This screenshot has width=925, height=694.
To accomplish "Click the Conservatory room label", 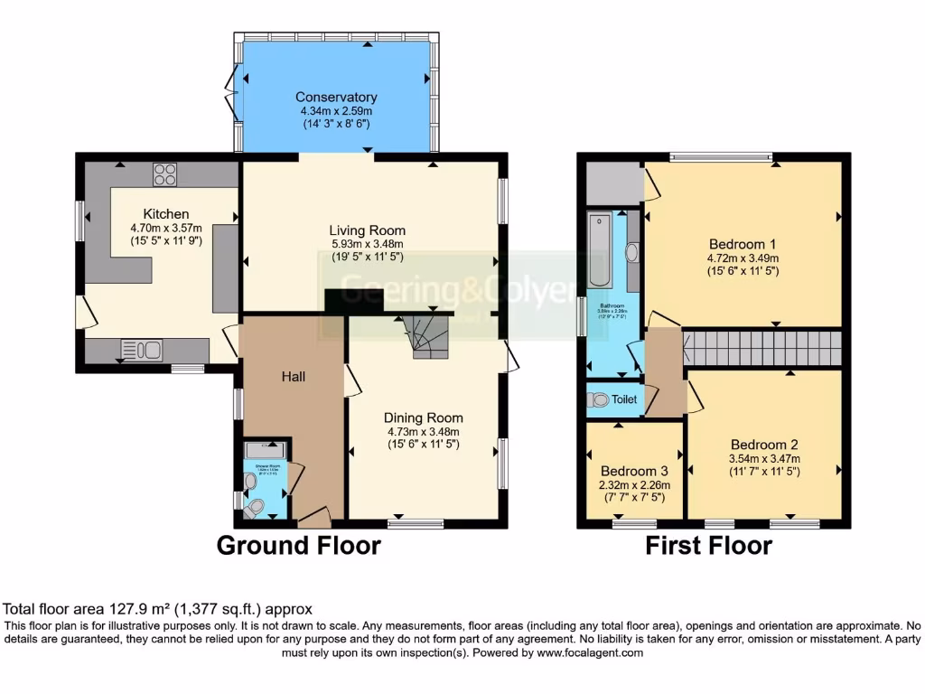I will (336, 97).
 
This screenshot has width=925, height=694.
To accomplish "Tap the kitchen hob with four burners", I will (164, 173).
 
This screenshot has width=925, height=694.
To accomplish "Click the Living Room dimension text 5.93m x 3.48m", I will (366, 244).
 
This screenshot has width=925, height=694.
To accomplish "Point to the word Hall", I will (291, 376).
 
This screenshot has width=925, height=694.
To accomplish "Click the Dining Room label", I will (423, 417).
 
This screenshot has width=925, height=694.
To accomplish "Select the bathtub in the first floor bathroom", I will (600, 250).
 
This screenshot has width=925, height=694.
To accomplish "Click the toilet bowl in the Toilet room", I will (598, 399).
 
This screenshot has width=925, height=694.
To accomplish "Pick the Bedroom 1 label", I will (743, 244).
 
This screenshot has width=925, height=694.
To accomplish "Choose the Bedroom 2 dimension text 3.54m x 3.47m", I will (763, 458).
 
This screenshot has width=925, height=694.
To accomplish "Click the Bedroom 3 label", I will (633, 471).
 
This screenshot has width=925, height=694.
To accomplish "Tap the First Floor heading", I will (708, 546).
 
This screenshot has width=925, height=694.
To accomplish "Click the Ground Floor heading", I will (298, 546).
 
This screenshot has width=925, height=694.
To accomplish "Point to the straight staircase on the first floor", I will (761, 347).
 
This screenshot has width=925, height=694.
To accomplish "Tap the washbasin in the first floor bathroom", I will (631, 252).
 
